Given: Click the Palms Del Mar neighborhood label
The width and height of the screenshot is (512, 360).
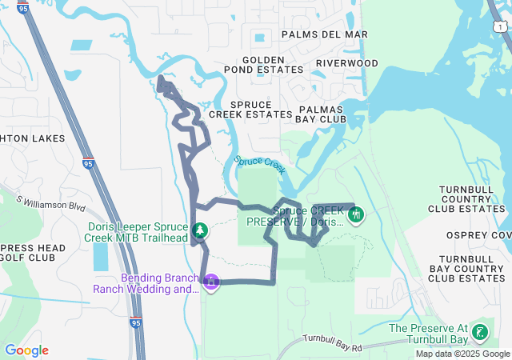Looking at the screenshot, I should (x=324, y=34).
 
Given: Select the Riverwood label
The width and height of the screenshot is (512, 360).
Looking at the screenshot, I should (x=346, y=62).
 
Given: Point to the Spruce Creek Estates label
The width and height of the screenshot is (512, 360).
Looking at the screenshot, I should (x=250, y=110).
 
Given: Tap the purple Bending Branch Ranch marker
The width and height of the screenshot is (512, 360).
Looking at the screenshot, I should (x=211, y=282).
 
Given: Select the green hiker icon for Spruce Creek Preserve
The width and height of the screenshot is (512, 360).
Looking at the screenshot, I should (x=356, y=214).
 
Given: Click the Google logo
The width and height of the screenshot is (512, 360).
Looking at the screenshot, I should (x=26, y=350).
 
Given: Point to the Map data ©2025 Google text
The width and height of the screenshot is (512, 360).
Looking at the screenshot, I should (x=462, y=354).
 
